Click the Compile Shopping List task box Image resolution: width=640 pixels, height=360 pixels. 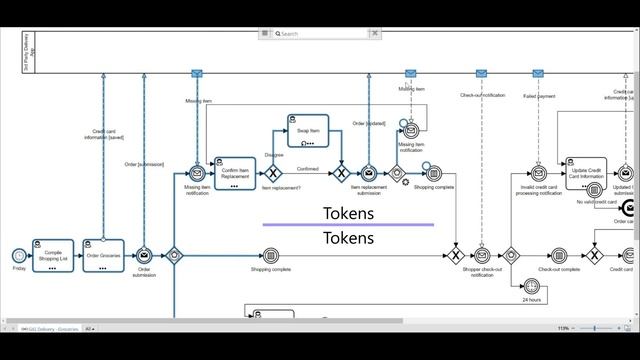tap(53, 254)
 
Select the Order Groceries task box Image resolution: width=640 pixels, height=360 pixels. tap(103, 254)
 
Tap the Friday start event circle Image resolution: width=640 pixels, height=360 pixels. tap(19, 255)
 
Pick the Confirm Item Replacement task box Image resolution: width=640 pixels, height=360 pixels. tap(234, 172)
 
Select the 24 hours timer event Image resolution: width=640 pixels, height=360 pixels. tap(531, 286)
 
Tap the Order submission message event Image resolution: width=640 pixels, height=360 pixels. tap(144, 255)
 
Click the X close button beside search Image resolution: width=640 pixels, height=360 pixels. tap(375, 33)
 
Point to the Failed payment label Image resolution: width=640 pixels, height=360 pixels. tap(539, 96)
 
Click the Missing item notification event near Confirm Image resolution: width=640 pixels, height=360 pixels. tap(197, 173)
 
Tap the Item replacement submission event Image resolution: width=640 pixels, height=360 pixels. tap(368, 173)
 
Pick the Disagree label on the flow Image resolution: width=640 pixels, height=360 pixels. tap(274, 155)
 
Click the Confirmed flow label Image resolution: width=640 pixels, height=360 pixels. tap(307, 169)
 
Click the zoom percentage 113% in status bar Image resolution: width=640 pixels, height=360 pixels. tap(563, 328)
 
